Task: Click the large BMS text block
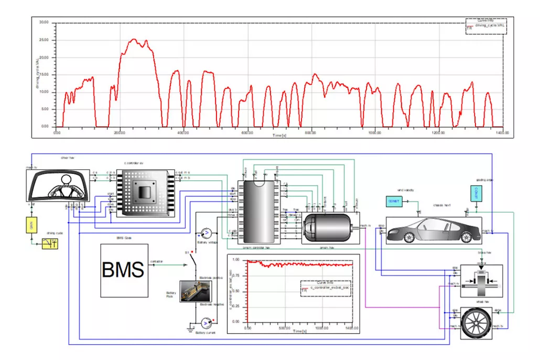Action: click(x=124, y=270)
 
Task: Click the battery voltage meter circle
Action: click(x=206, y=232)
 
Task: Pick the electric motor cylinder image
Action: click(x=330, y=228)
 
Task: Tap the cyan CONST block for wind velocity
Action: click(x=393, y=201)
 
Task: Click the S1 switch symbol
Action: click(x=194, y=259)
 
